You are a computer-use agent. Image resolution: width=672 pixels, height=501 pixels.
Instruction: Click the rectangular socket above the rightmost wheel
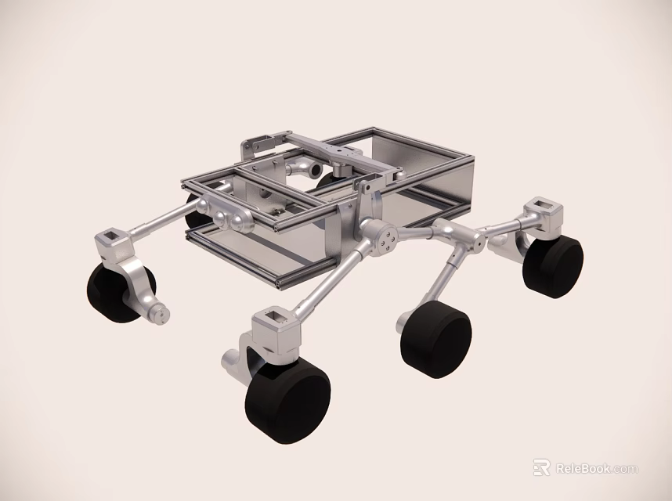[544, 210]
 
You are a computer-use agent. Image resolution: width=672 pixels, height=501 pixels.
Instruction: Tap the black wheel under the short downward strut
[436, 339]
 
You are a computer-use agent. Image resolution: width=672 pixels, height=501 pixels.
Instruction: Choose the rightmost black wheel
[555, 266]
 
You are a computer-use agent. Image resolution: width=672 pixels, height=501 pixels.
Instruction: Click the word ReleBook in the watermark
[583, 469]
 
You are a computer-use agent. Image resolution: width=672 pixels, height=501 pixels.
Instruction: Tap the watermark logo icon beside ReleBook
[541, 468]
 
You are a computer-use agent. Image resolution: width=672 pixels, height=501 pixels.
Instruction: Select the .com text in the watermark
[626, 469]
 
